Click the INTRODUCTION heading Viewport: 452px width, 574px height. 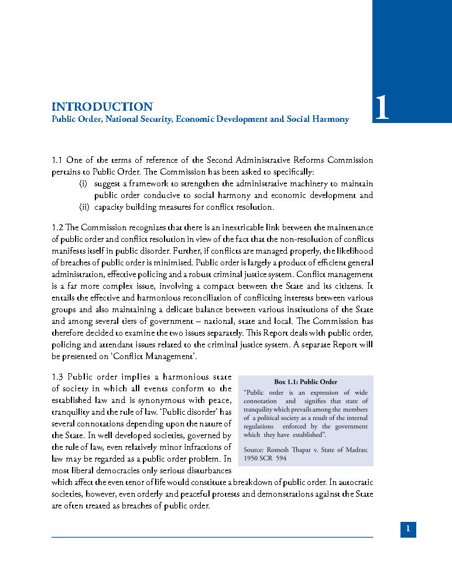click(x=102, y=107)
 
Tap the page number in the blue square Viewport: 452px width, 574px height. click(x=408, y=529)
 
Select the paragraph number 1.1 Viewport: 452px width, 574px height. click(x=57, y=160)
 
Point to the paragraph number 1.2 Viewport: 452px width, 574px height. click(x=57, y=227)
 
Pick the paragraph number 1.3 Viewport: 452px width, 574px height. click(x=57, y=377)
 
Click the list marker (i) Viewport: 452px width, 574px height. click(x=84, y=183)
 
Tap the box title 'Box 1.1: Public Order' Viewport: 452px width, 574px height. click(x=306, y=382)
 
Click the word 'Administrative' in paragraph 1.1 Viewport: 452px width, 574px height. click(x=268, y=160)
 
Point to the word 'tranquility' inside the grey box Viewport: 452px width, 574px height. click(x=261, y=409)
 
